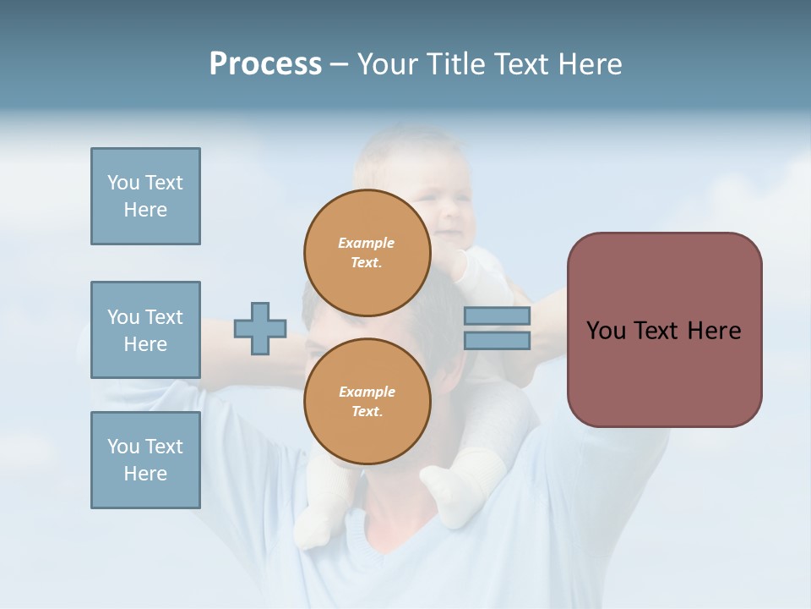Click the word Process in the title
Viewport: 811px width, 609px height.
point(265,64)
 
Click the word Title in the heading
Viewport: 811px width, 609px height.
point(454,64)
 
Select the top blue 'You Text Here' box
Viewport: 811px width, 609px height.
point(145,196)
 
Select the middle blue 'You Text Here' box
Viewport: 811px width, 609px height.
point(145,330)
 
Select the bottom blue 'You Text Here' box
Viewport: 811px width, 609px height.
point(145,460)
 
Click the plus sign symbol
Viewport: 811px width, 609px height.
point(260,328)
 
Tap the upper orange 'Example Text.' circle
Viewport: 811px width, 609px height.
point(367,252)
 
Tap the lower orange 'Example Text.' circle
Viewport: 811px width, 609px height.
point(367,401)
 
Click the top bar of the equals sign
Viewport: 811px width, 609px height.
point(497,316)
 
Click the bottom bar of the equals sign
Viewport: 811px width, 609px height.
point(497,341)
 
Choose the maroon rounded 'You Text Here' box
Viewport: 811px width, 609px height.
point(664,330)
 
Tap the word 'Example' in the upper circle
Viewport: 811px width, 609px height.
point(367,243)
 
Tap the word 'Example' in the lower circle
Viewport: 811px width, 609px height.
point(367,392)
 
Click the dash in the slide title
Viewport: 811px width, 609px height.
point(339,65)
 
